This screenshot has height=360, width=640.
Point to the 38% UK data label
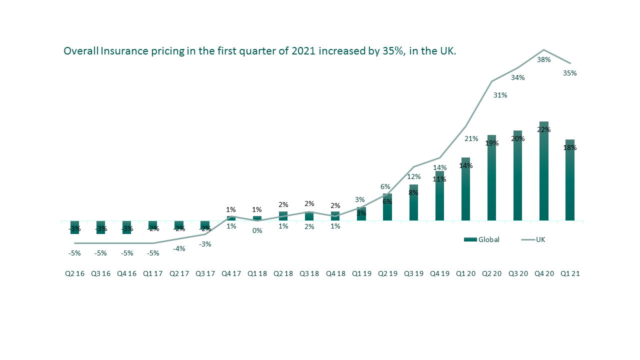(543, 59)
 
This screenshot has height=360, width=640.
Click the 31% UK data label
(500, 95)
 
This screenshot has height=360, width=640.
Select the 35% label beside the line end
(569, 73)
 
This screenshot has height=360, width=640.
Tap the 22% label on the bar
(543, 129)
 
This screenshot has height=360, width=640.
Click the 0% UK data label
(257, 230)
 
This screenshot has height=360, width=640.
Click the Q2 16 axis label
(74, 274)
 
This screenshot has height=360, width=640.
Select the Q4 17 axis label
(231, 274)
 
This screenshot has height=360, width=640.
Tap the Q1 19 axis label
(361, 274)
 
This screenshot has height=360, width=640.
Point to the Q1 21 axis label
(570, 274)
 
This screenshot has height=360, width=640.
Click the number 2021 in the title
(303, 51)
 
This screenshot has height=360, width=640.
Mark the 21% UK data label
(471, 138)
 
